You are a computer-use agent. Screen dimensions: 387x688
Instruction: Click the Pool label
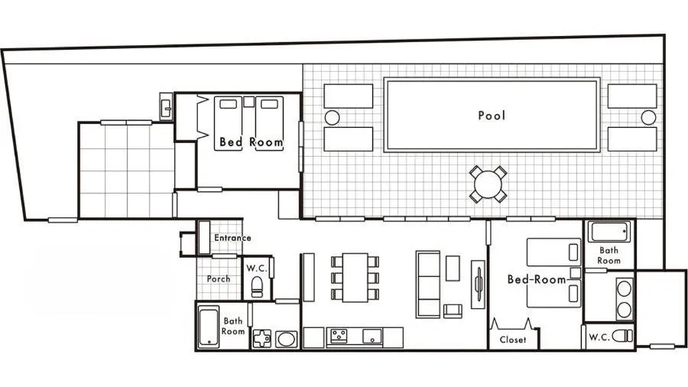pos(492,116)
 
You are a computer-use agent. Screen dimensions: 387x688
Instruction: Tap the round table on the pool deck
pos(487,184)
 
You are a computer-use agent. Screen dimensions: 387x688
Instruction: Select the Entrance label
pos(232,238)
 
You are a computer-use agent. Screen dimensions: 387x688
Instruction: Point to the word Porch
pos(219,279)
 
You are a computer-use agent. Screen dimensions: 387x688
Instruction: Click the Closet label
pos(513,340)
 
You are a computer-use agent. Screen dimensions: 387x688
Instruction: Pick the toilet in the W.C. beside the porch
pos(258,288)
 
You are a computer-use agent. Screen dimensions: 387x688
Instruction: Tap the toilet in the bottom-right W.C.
pos(623,335)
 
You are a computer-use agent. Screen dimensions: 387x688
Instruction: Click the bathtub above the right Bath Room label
pos(610,233)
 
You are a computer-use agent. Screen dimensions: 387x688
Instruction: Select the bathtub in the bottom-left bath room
pos(208,327)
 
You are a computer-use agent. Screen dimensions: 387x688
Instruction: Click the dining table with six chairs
pos(355,276)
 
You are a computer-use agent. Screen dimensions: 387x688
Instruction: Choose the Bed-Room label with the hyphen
pos(537,280)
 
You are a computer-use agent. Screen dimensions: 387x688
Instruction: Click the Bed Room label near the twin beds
pos(251,142)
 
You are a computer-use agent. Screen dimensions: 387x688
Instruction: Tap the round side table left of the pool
pos(332,118)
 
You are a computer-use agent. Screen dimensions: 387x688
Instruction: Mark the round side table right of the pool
pos(648,117)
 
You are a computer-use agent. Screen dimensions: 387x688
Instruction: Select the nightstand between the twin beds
pos(248,101)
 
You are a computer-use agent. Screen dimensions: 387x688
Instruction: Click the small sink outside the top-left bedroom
pos(166,106)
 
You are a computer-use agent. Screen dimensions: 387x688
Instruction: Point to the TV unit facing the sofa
pos(479,286)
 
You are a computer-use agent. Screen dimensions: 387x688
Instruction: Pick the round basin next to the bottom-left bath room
pos(286,338)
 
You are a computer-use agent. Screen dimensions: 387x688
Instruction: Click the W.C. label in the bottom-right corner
pos(599,336)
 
